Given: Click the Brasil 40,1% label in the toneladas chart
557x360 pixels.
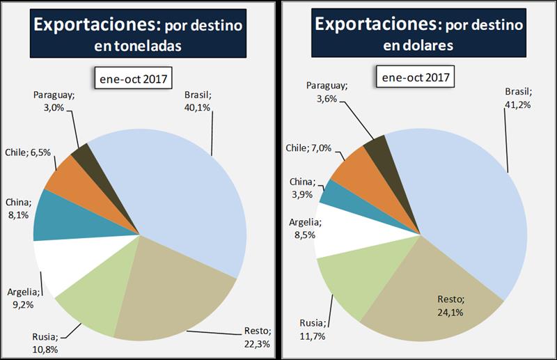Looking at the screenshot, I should [198, 102].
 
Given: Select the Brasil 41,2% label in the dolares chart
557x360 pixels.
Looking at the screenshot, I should [518, 98].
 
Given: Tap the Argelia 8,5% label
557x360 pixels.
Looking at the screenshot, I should [305, 229].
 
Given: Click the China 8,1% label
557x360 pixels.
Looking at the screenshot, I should [17, 208].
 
